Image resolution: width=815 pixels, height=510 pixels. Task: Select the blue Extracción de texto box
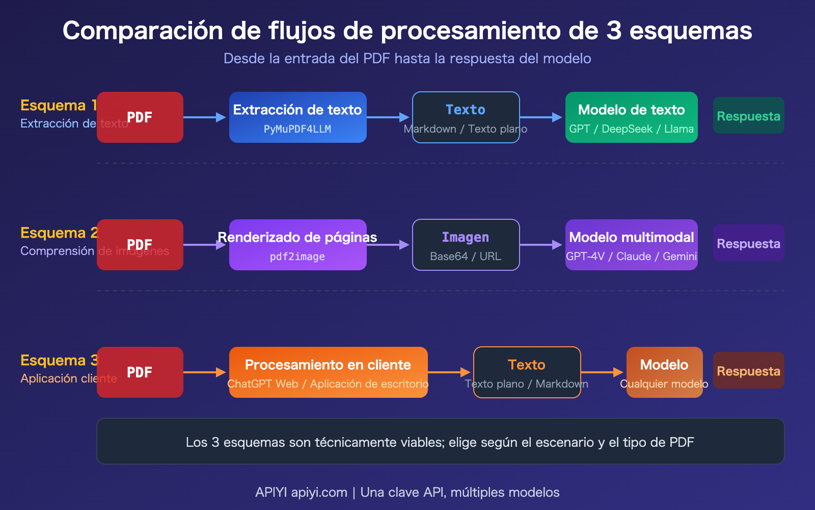tap(297, 117)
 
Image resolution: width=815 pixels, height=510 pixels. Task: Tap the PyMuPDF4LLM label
tap(297, 130)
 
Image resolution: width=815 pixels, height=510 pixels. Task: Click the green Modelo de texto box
tap(631, 117)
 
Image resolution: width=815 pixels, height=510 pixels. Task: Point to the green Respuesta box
tap(748, 116)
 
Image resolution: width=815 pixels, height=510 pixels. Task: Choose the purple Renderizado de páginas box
tap(297, 245)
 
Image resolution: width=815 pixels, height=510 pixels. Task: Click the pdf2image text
tap(297, 257)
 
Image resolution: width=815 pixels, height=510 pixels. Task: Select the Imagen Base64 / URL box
tap(466, 245)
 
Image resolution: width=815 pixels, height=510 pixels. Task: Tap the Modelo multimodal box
tap(631, 245)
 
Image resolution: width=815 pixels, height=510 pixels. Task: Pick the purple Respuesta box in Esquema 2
tap(748, 243)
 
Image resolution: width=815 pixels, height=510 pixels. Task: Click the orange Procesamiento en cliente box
tap(328, 372)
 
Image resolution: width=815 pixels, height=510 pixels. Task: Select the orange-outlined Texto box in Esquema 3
tap(527, 372)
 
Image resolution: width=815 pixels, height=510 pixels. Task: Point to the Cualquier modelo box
tap(664, 372)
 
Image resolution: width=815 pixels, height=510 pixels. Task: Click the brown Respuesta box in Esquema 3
tap(748, 371)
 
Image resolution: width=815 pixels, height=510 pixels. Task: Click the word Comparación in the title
tap(143, 31)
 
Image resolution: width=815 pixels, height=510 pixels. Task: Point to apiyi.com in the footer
tap(319, 492)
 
